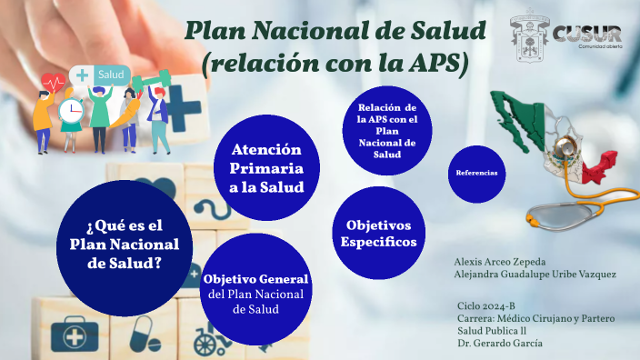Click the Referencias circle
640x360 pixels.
(476, 174)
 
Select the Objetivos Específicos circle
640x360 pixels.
(379, 233)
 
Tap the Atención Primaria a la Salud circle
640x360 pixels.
(266, 168)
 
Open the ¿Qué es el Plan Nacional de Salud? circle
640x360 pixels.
(125, 248)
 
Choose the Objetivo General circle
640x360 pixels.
(256, 289)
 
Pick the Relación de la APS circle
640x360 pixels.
(387, 131)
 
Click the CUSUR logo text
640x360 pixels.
(587, 34)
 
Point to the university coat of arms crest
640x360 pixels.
(529, 36)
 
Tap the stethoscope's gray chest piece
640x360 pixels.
(560, 216)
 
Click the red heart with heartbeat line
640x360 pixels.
(53, 83)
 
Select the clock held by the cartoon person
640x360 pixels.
(71, 111)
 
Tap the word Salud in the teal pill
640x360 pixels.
(111, 75)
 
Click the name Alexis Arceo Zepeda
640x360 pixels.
(500, 262)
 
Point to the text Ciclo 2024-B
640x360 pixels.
(486, 306)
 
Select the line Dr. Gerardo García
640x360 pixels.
(500, 344)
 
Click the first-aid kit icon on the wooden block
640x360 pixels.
(75, 335)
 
